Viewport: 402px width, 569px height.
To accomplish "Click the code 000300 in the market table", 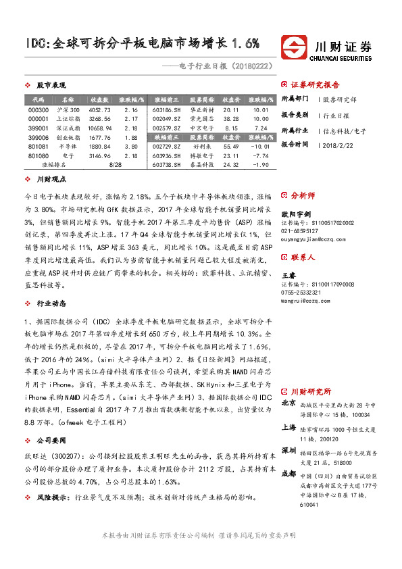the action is click(39, 109).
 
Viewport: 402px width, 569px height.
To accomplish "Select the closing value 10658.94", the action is click(100, 127).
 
